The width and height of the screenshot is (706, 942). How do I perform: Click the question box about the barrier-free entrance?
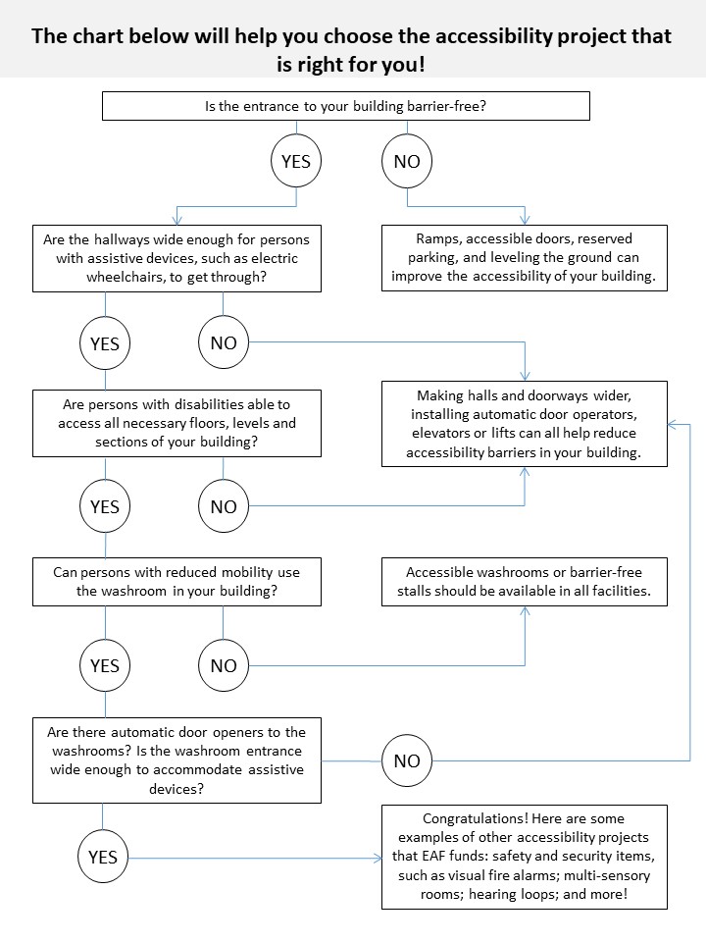[x=346, y=106]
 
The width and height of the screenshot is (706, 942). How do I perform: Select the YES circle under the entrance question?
[x=295, y=162]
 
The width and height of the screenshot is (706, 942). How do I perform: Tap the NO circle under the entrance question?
[x=407, y=162]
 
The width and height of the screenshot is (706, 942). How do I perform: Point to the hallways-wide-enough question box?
[x=176, y=258]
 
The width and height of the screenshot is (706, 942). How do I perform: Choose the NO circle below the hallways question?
[x=224, y=343]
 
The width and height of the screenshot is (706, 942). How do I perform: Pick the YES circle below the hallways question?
[x=105, y=343]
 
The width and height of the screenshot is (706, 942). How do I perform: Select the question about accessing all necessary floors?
[x=176, y=423]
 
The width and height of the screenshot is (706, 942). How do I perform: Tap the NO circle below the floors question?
[x=224, y=506]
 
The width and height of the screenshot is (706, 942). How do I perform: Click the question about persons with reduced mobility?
[x=176, y=582]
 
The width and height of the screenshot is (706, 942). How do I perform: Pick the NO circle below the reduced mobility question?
[x=224, y=665]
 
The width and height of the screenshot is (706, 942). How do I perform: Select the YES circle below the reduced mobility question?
[x=105, y=665]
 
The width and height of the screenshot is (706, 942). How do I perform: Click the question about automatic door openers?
[x=176, y=760]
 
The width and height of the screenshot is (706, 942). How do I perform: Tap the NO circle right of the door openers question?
[x=407, y=760]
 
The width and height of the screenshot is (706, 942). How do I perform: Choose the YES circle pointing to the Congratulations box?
[x=102, y=857]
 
